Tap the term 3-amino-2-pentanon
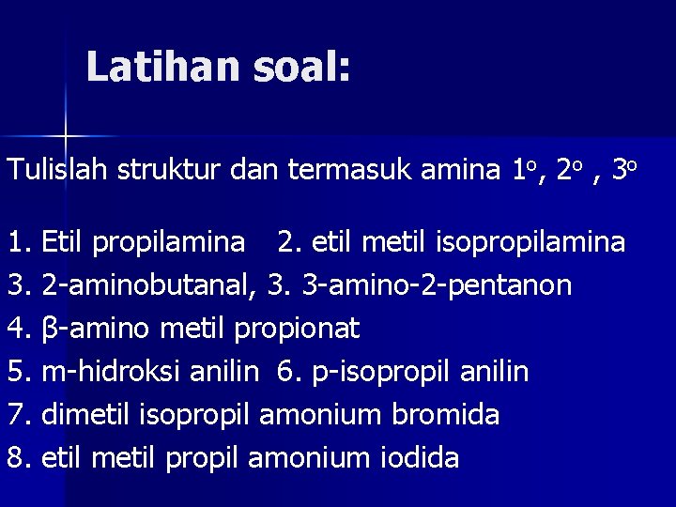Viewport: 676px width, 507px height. (x=438, y=284)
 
